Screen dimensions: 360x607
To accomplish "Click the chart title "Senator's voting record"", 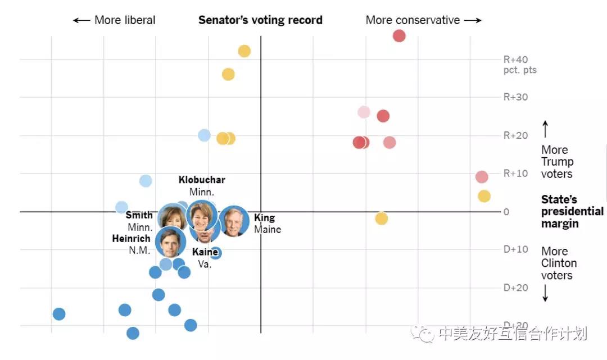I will coord(260,20).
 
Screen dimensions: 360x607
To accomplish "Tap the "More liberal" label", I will coord(115,20).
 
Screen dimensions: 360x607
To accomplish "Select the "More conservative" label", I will coord(423,20).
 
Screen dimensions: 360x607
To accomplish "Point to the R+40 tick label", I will coord(515,60).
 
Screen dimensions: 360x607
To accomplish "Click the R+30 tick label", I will coord(515,97).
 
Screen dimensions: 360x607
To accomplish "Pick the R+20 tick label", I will coord(515,135).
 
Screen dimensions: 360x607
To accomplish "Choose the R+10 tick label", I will coord(515,173).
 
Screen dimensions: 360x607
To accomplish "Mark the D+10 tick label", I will coord(515,249).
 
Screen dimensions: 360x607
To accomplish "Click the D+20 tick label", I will coord(515,288).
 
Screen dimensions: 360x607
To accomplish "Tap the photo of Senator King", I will coord(234,221).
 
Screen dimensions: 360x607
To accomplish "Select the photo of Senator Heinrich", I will coord(170,242).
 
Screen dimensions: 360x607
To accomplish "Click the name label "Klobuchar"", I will coord(202,180).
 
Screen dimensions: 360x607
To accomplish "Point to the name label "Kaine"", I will coord(205,252).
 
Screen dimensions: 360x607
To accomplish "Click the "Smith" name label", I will coord(139,215).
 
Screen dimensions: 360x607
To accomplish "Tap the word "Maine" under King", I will coord(268,229).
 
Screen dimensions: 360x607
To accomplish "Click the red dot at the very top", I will coord(399,36).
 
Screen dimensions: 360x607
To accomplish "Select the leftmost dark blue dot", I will coord(59,314).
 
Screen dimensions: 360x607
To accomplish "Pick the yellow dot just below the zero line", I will coord(382,218).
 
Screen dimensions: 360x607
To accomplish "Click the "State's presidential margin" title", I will coord(572,212).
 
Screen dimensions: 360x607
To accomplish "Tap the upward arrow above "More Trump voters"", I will coord(545,129).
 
